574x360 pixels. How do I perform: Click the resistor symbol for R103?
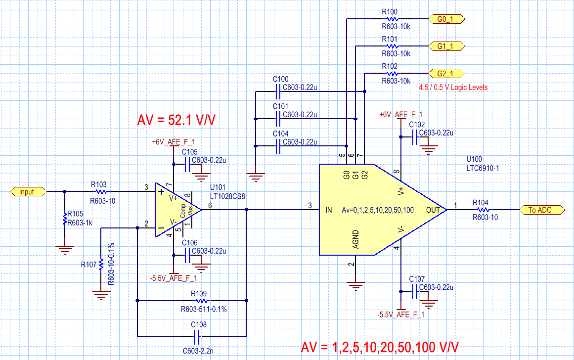point(101,191)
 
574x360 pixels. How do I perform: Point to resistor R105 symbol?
point(64,219)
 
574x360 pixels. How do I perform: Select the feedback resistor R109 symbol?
point(201,300)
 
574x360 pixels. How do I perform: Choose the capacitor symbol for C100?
point(278,91)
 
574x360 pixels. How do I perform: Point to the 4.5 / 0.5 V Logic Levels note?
point(452,88)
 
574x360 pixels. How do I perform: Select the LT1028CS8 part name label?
point(228,196)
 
